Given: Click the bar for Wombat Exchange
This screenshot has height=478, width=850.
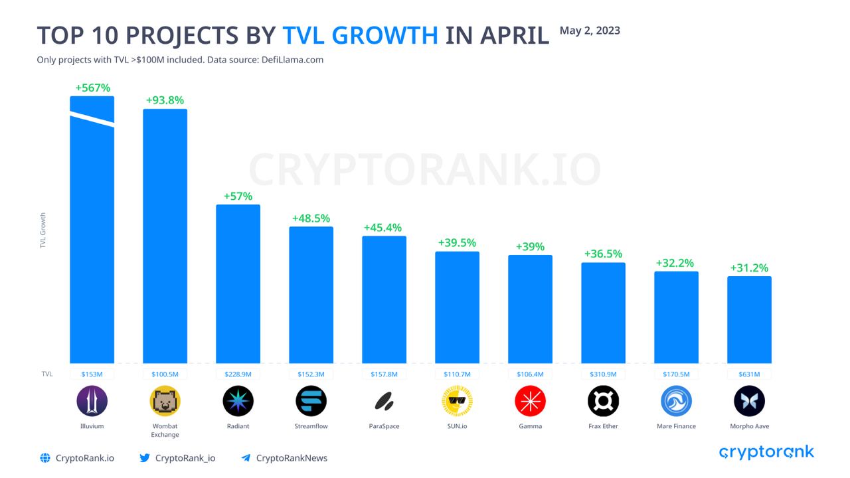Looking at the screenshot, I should point(165,236).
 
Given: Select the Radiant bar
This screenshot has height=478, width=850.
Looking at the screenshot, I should point(238,283).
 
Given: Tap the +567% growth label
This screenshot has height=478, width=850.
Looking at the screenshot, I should point(92,88).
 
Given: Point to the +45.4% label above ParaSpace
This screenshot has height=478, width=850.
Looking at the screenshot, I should point(382,228).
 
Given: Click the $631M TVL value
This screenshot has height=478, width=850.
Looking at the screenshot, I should point(749,374).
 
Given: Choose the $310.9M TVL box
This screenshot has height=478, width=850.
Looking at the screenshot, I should point(603,374).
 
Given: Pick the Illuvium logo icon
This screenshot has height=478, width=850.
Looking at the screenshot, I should point(92,401).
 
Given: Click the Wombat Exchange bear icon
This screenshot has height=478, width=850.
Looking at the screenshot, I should point(165,401).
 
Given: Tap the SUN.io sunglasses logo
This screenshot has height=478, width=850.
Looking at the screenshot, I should point(457,401).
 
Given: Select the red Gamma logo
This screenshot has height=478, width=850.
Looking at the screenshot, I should point(530,401).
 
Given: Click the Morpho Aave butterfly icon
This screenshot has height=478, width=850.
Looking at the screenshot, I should point(749,401).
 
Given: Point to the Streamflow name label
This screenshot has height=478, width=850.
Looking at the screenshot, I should point(311,426).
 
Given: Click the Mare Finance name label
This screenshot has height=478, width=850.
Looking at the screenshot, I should point(676,426).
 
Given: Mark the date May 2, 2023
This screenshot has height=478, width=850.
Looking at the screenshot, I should point(590,31).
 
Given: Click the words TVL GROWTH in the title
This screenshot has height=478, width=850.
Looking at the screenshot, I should point(360,35).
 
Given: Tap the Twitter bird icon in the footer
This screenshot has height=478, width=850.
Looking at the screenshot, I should point(144,458).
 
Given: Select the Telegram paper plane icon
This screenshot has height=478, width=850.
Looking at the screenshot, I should point(246,458).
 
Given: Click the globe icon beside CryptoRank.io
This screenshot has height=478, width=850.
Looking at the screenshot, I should point(45,458).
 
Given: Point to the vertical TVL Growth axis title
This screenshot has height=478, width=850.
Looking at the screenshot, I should point(43,230).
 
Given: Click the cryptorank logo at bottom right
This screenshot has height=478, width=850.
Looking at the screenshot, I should point(766,453).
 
